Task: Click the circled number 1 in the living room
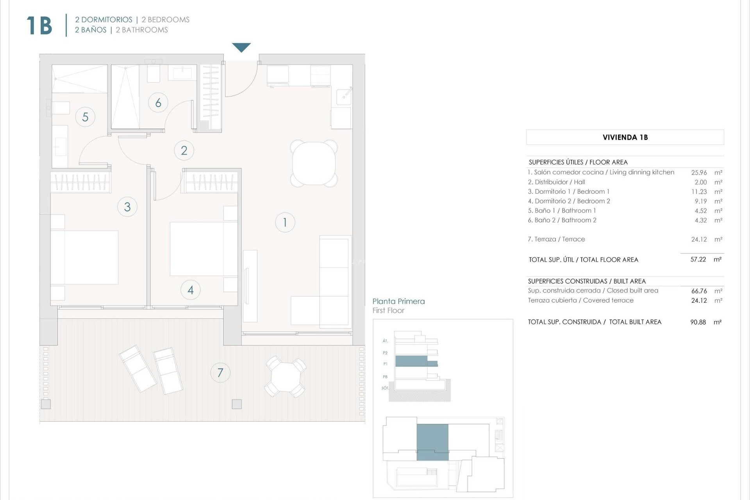pos(285,222)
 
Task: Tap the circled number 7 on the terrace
pos(220,373)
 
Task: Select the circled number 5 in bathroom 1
pos(85,117)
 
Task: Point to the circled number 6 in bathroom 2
pos(158,103)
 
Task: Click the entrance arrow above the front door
pos(241,47)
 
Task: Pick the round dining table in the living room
pos(314,163)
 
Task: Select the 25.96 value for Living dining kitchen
pos(699,172)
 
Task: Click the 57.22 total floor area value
pos(698,259)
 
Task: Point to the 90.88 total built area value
pos(698,322)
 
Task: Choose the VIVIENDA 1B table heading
pos(625,137)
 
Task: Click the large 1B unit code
pos(39,26)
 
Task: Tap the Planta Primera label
pos(398,301)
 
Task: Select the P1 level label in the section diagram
pos(385,364)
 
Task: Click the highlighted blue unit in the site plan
pos(432,441)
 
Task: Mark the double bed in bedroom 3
pos(84,257)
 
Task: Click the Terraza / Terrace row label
pos(556,239)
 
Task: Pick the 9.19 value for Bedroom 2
pos(701,201)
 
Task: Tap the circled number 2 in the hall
pos(184,150)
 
